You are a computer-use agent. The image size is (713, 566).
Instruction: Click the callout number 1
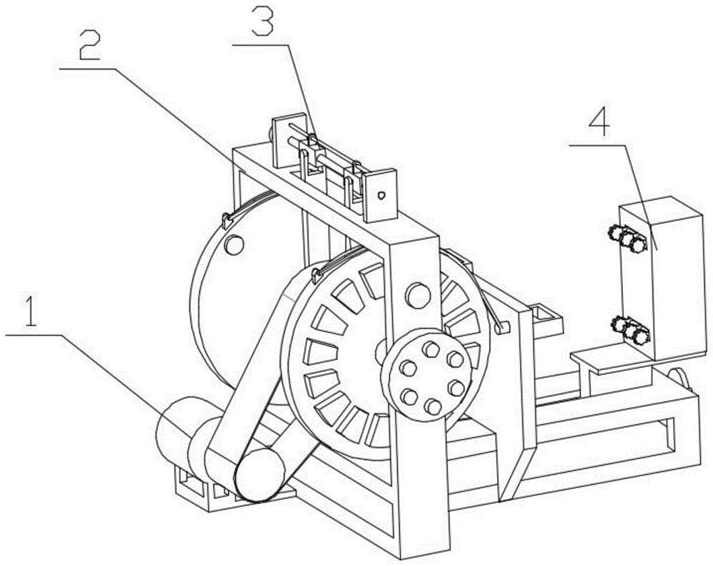[x=29, y=314]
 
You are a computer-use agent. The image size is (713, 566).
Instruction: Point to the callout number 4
[x=599, y=122]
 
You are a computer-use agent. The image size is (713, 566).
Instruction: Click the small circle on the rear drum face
[x=233, y=245]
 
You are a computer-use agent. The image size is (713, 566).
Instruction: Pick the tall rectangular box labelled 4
[x=656, y=278]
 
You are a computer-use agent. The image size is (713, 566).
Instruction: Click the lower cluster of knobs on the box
[x=628, y=329]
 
